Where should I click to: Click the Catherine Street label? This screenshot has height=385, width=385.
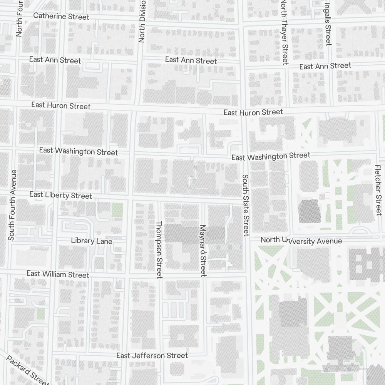[x=61, y=16]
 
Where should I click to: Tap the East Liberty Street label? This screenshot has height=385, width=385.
[x=61, y=195]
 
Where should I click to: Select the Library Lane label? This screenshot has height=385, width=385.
[x=92, y=241]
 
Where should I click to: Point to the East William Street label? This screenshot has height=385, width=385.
[x=58, y=274]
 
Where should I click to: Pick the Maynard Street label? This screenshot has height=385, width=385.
[x=203, y=251]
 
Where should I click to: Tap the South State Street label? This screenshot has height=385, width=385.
[x=246, y=205]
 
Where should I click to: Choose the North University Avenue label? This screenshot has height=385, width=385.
[x=301, y=241]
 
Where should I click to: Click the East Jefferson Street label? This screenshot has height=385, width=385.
[x=152, y=355]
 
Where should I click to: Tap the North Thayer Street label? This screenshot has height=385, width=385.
[x=285, y=32]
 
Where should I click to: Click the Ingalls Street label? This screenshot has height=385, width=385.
[x=328, y=23]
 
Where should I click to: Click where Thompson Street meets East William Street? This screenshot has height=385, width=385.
[x=159, y=276]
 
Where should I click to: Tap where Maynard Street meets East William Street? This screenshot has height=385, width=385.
[x=204, y=276]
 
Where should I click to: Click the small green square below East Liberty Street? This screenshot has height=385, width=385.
[x=117, y=210]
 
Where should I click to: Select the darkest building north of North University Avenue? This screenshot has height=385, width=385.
[x=310, y=211]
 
